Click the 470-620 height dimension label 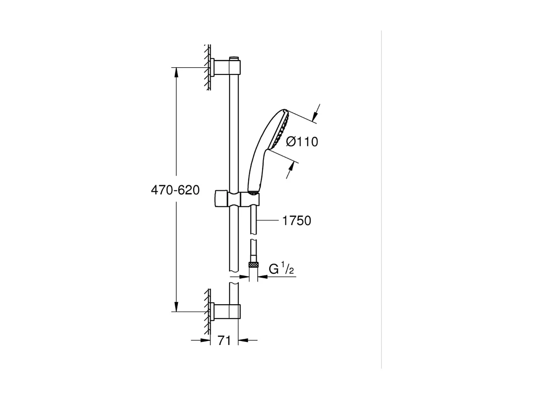pos(175,190)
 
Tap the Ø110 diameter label pos(302,142)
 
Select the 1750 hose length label pos(297,220)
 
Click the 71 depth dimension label pos(224,340)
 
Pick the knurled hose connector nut pos(253,265)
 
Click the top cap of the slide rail pos(234,58)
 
